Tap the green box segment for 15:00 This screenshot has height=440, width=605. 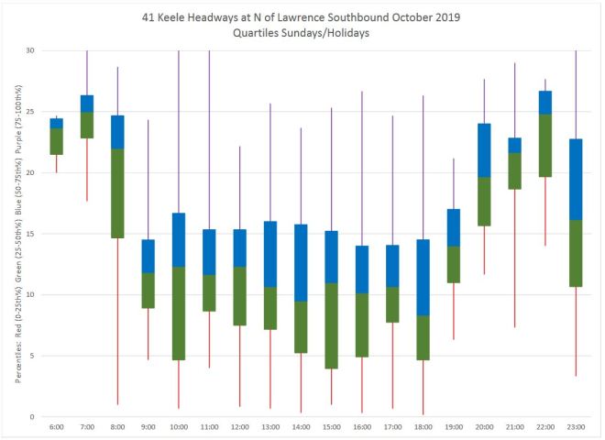[x=333, y=325]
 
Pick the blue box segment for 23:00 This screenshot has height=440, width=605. [x=577, y=180]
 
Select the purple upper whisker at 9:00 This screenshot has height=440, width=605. [x=148, y=180]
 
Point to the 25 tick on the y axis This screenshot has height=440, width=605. [x=32, y=111]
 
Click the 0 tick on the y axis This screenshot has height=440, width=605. [x=35, y=417]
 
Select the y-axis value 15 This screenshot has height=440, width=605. [x=32, y=234]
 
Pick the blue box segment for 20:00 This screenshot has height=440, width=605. [x=485, y=150]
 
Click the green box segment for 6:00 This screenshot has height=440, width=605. [x=56, y=141]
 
